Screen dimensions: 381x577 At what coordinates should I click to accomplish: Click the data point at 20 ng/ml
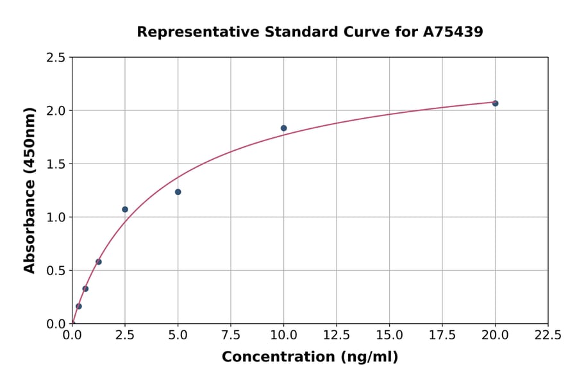[495, 103]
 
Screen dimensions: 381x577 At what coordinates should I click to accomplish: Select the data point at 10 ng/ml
[283, 128]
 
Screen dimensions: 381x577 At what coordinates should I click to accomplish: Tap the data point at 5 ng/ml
[178, 192]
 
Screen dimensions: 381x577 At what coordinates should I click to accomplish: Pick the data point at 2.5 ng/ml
[125, 209]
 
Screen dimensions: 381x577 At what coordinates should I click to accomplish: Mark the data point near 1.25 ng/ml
[99, 262]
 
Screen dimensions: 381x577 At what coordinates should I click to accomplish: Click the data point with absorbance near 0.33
[85, 289]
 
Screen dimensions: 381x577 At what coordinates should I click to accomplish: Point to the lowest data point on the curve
[79, 306]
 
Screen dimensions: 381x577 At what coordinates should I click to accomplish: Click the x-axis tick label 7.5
[231, 335]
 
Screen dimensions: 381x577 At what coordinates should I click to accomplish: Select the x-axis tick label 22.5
[548, 335]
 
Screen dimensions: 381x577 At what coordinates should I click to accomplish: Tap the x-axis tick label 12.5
[336, 335]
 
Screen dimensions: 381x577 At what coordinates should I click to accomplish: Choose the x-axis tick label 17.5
[442, 335]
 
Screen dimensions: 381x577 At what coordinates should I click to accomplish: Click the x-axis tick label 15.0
[389, 335]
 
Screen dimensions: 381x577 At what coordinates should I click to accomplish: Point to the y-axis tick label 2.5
[55, 58]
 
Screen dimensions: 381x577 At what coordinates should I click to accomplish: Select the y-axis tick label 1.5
[55, 164]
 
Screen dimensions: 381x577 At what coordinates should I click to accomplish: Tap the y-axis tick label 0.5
[55, 271]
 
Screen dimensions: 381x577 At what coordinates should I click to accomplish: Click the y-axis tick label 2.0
[55, 111]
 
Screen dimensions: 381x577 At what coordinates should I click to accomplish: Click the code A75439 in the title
[453, 31]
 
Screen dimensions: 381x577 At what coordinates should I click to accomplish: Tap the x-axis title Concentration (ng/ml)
[310, 357]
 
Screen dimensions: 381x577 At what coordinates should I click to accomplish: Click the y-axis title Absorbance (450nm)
[29, 190]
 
